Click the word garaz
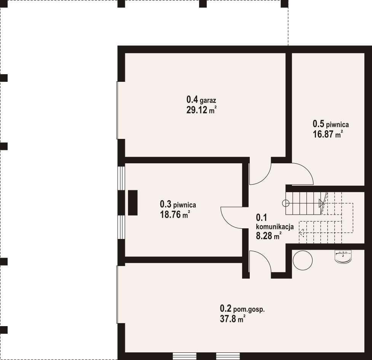[208, 100]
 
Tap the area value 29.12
[197, 110]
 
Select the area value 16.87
[323, 134]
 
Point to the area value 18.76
[170, 214]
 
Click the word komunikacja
[275, 227]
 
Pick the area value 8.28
[264, 236]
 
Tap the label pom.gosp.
[249, 309]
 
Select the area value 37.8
[228, 319]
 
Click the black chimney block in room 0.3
[133, 203]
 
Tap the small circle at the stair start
[286, 203]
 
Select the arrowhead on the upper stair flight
[321, 203]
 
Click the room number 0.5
[318, 124]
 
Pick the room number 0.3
[165, 204]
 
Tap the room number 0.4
[192, 100]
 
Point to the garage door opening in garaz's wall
[117, 110]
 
